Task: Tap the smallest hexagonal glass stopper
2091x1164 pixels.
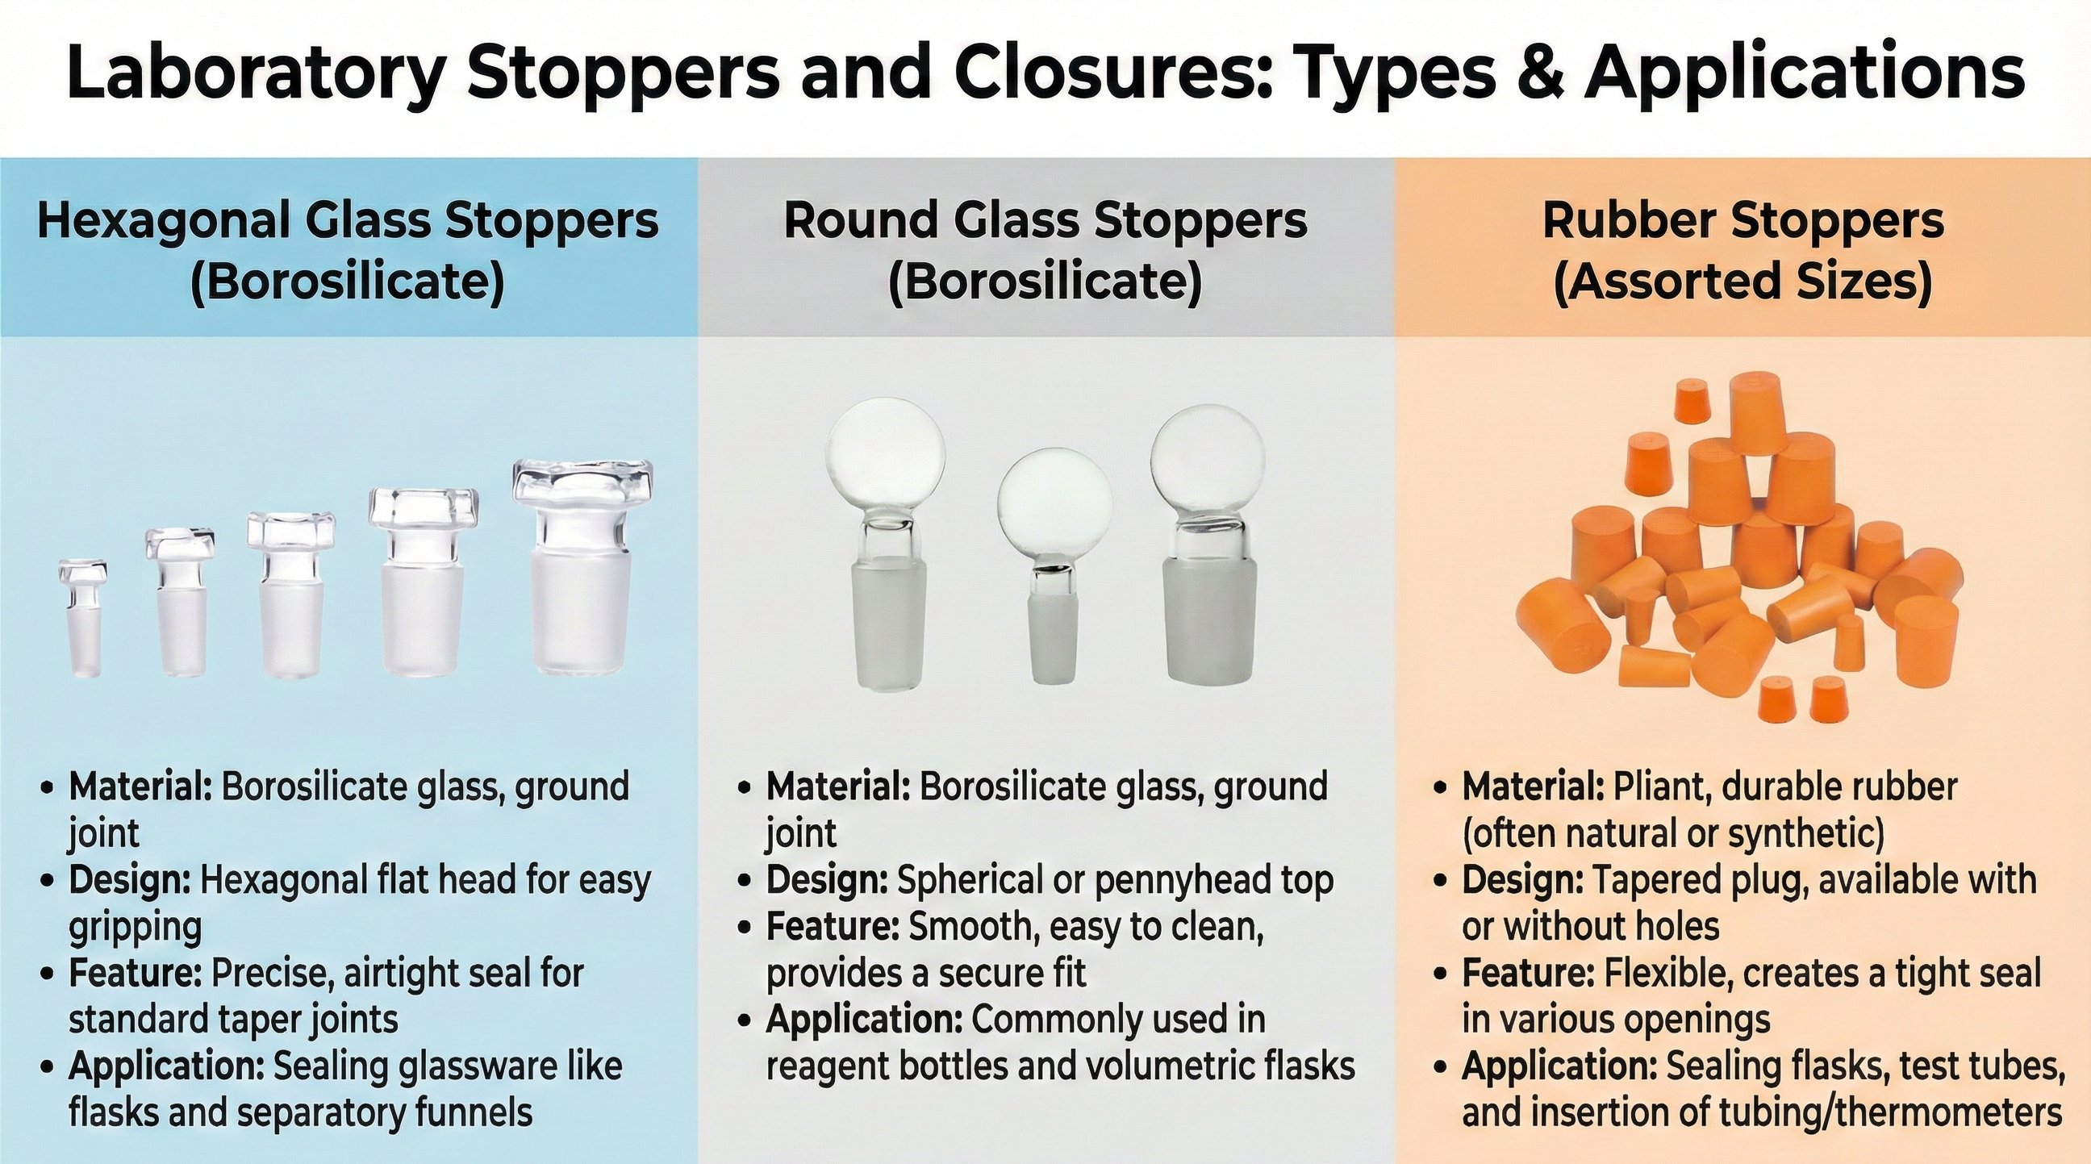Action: (x=82, y=617)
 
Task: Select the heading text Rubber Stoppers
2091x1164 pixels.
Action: (x=1742, y=220)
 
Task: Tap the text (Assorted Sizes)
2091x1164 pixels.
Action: (x=1742, y=282)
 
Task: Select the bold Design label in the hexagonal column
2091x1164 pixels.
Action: (x=129, y=882)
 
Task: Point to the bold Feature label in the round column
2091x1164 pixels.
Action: (x=833, y=927)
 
